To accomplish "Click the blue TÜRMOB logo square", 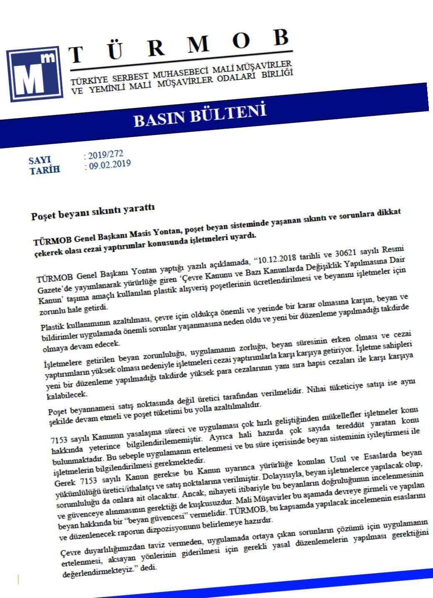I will pos(35,74).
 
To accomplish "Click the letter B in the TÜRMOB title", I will pos(281,37).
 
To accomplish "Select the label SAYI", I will pos(40,160).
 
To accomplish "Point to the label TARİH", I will pos(45,170).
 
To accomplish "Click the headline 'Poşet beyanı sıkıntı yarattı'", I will pos(93,211).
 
